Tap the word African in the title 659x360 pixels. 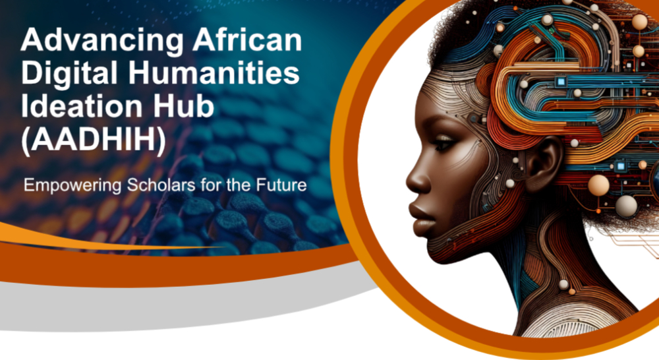(x=248, y=40)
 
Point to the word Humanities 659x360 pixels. (x=214, y=73)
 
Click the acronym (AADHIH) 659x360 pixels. (x=94, y=140)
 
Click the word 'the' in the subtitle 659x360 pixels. (x=239, y=185)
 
